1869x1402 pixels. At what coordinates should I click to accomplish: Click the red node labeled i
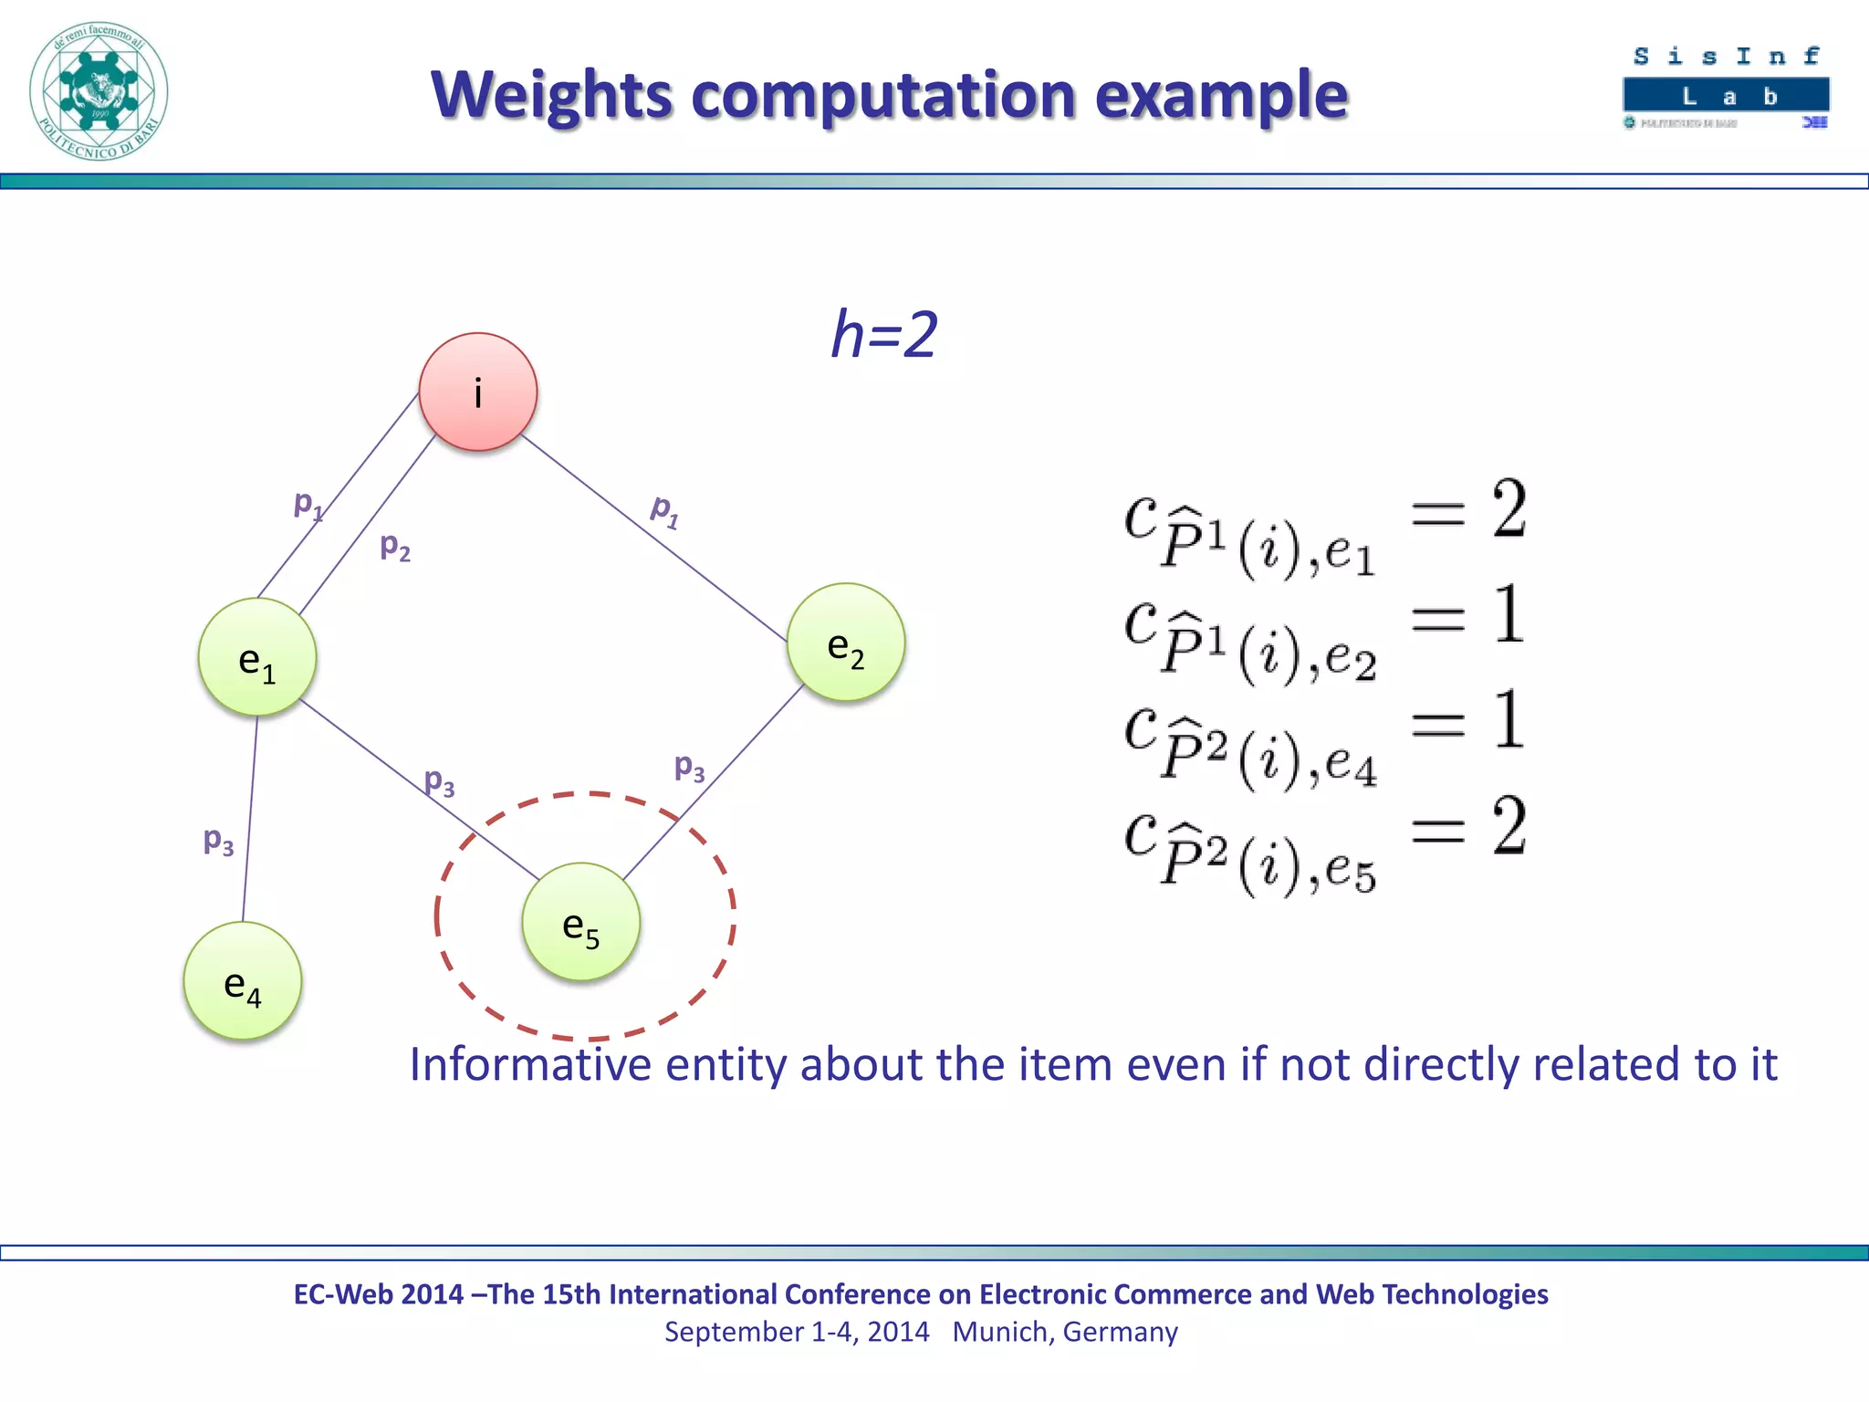[477, 392]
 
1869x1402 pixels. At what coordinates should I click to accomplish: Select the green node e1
[256, 657]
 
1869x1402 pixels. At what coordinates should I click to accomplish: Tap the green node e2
[846, 643]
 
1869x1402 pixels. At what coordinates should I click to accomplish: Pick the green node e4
[242, 981]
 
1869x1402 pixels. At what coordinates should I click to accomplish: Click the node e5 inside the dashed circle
[581, 922]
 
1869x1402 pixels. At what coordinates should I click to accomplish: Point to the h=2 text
[883, 334]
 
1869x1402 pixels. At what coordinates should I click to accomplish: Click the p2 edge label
[395, 546]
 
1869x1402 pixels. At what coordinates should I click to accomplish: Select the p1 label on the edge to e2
[664, 510]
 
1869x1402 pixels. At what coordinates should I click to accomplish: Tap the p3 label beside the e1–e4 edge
[218, 840]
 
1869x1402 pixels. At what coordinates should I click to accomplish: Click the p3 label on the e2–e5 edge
[689, 767]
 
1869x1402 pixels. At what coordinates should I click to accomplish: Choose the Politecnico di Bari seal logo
[99, 91]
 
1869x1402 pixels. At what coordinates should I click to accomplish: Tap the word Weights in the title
[552, 95]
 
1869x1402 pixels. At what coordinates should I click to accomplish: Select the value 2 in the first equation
[1509, 508]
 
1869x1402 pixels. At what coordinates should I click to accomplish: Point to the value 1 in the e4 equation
[1509, 720]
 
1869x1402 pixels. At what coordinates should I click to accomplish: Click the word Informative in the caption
[529, 1064]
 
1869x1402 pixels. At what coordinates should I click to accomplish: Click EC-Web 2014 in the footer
[378, 1294]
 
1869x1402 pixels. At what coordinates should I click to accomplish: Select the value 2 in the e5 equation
[1509, 826]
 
